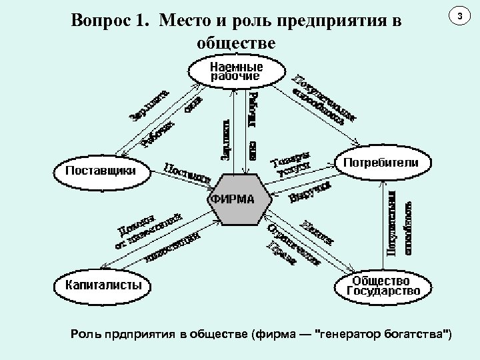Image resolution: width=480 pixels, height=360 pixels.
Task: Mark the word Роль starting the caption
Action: click(x=85, y=333)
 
